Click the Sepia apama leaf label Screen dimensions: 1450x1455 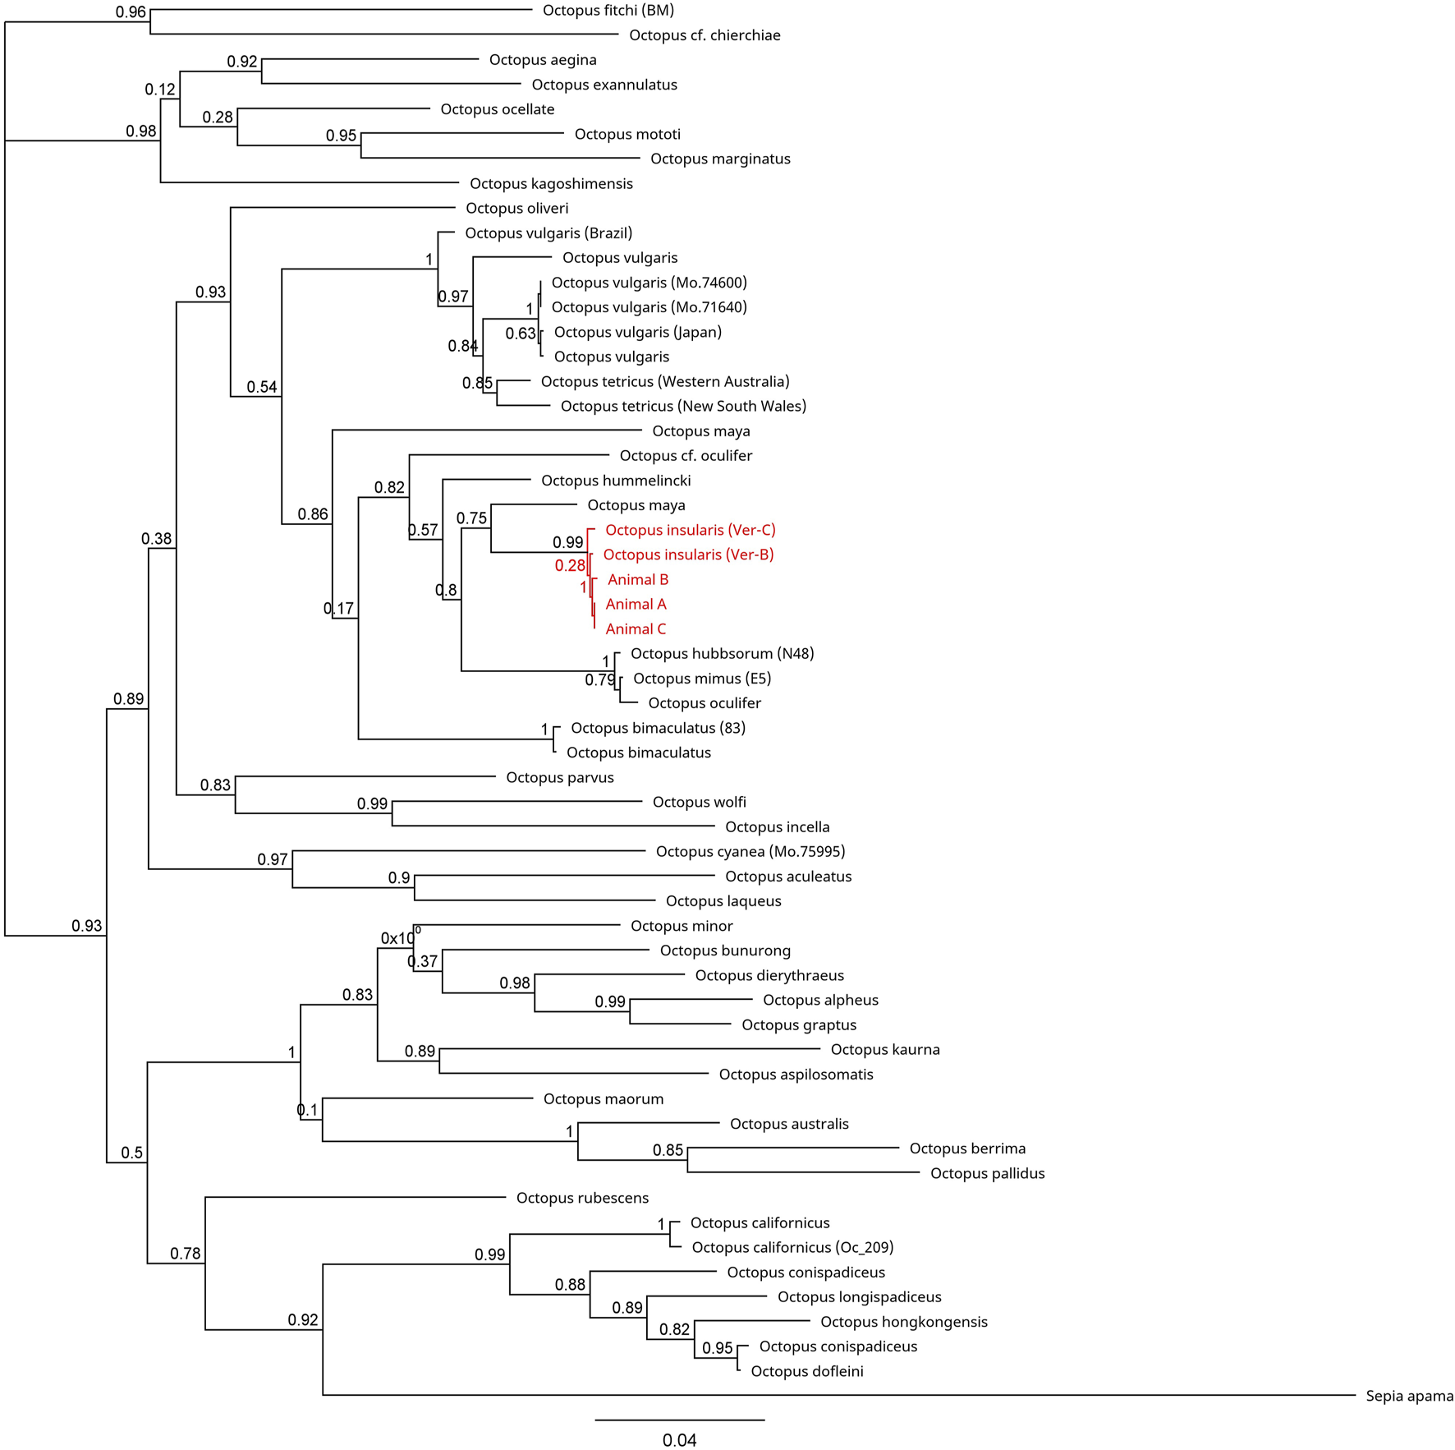(1409, 1396)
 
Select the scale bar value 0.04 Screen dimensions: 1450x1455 (679, 1440)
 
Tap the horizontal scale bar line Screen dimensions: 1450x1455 (679, 1420)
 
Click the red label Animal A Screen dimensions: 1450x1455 (636, 605)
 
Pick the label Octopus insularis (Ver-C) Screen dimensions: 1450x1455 (690, 530)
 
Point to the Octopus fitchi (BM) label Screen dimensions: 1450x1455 (608, 11)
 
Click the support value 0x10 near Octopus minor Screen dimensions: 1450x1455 (400, 937)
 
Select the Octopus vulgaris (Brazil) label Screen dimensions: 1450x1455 (548, 233)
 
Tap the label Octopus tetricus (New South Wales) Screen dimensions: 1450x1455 (683, 407)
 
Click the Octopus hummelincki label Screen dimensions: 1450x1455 (616, 481)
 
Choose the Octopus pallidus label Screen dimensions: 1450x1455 (987, 1173)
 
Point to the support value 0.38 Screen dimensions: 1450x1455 (156, 539)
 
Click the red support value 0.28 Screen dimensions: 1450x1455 (570, 565)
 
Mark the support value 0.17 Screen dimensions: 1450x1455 (338, 609)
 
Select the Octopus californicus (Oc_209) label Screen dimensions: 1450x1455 (792, 1247)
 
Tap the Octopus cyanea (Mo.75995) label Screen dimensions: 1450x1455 (750, 852)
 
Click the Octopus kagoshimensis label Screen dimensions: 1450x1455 (551, 184)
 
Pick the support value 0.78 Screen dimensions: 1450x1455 (186, 1253)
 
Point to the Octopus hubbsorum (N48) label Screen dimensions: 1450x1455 (722, 654)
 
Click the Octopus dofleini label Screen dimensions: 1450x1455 (806, 1371)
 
